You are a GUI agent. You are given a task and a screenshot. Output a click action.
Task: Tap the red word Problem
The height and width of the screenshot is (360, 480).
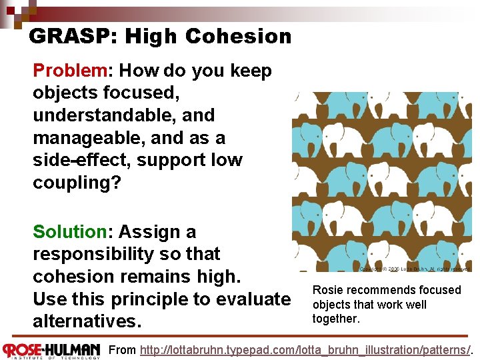pyautogui.click(x=70, y=71)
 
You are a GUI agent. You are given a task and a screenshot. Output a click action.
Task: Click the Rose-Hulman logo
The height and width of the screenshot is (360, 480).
pyautogui.click(x=52, y=350)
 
